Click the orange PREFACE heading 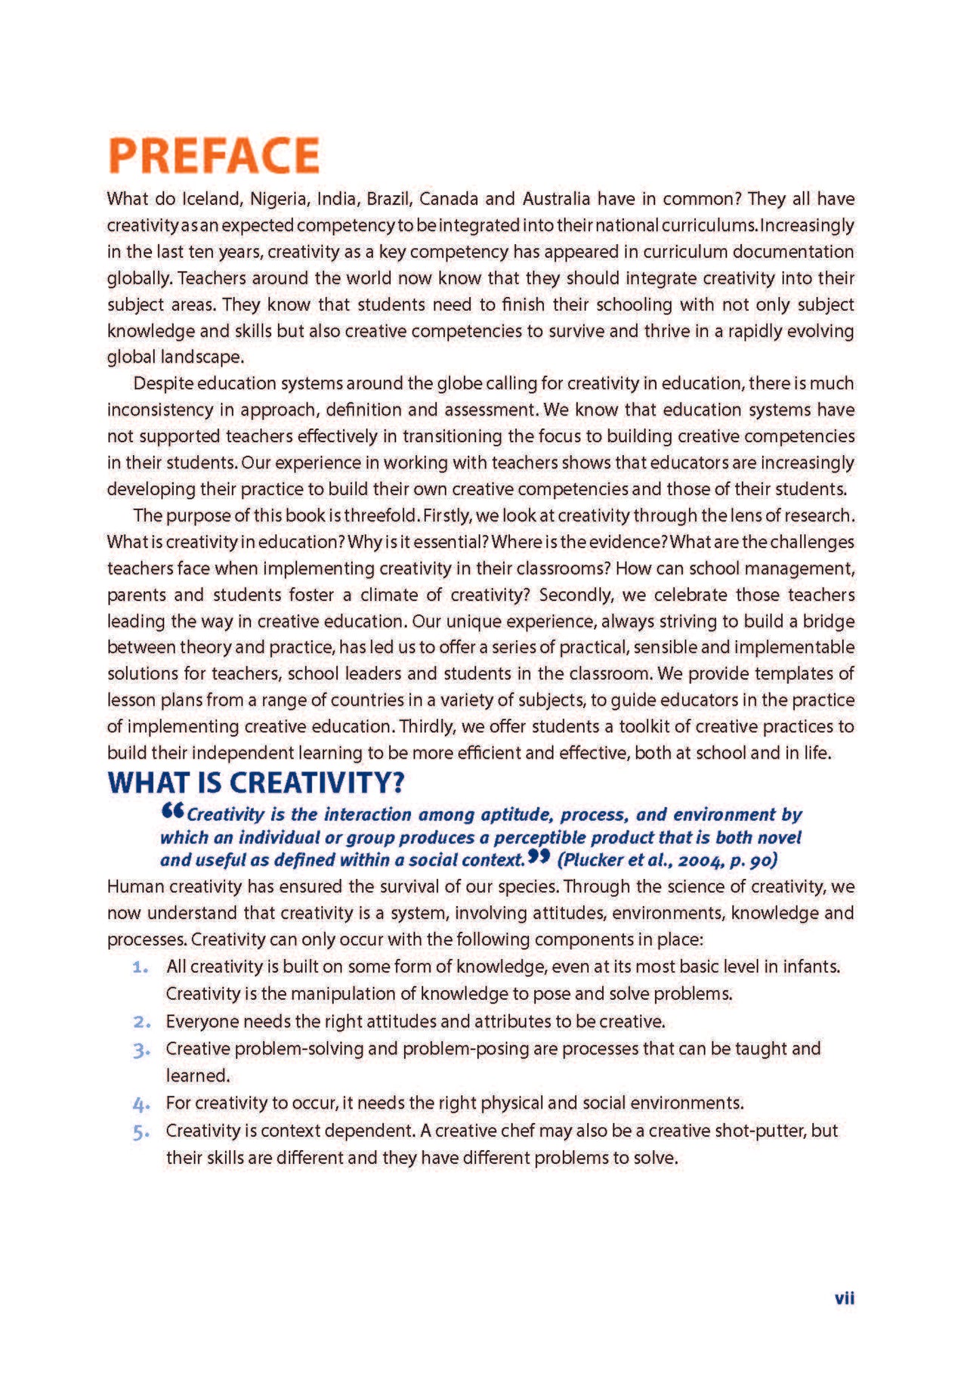(214, 155)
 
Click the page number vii (844, 1298)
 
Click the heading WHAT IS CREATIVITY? (256, 783)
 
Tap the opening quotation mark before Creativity (172, 812)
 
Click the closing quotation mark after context (538, 857)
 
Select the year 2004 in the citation (702, 860)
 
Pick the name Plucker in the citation (592, 860)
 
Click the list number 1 (140, 967)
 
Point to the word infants (811, 967)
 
